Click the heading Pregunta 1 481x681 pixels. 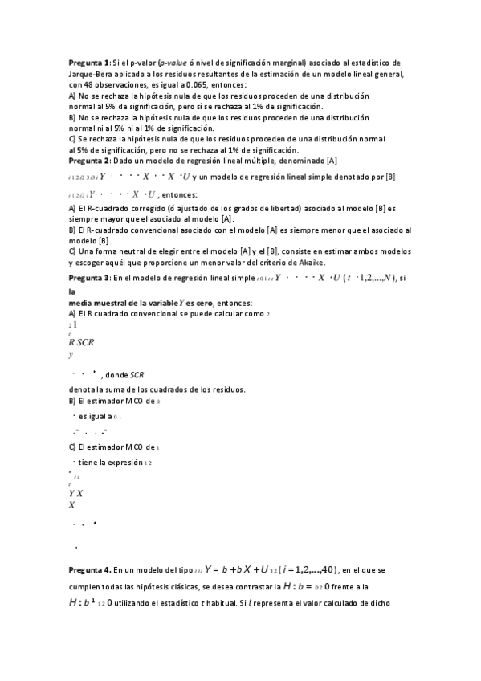[89, 62]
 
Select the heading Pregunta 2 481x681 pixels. [89, 161]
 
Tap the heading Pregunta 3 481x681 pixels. [89, 279]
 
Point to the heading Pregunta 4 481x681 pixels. [90, 569]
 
